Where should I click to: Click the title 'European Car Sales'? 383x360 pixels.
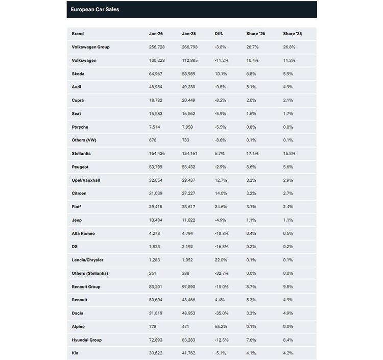(95, 10)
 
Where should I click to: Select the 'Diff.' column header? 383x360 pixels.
(219, 34)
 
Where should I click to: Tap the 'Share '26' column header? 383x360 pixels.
(255, 34)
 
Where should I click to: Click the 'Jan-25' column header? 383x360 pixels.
(189, 34)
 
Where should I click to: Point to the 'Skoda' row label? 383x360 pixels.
(78, 74)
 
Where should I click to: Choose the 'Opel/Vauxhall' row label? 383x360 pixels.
(85, 180)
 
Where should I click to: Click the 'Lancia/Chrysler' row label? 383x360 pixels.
(87, 260)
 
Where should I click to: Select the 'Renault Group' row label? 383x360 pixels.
(86, 286)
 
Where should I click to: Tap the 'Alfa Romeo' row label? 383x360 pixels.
(84, 233)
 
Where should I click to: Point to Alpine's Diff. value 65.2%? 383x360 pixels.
(222, 326)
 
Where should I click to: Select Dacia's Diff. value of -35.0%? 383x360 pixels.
(222, 313)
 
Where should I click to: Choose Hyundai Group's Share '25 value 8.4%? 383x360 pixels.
(289, 340)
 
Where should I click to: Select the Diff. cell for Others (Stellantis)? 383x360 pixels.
(222, 273)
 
